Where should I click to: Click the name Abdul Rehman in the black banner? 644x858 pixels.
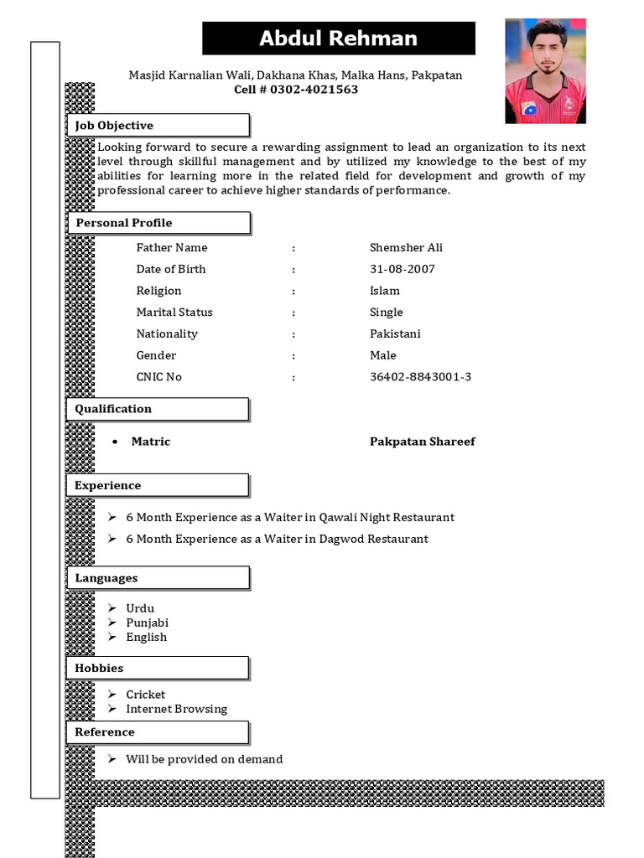338,39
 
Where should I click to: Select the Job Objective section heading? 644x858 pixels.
115,126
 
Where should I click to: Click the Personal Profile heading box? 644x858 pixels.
124,223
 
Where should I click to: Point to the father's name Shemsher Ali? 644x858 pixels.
406,248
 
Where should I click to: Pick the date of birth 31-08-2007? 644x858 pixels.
402,270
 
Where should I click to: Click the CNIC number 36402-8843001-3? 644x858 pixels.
420,377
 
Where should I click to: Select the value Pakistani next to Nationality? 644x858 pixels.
395,334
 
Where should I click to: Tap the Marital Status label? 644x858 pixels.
174,313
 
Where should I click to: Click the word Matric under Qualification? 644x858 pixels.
151,442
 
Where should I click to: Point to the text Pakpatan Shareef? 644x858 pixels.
422,442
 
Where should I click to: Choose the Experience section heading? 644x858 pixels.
108,486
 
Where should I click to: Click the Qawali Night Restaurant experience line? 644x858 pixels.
290,518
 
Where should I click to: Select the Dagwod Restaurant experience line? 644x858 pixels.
277,540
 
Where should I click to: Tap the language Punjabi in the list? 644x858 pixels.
148,623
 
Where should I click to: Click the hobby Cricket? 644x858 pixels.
146,695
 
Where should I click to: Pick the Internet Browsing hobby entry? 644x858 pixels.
176,710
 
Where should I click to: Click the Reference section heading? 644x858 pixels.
105,732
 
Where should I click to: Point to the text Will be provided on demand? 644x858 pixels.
204,760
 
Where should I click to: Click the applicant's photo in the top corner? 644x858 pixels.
545,71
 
